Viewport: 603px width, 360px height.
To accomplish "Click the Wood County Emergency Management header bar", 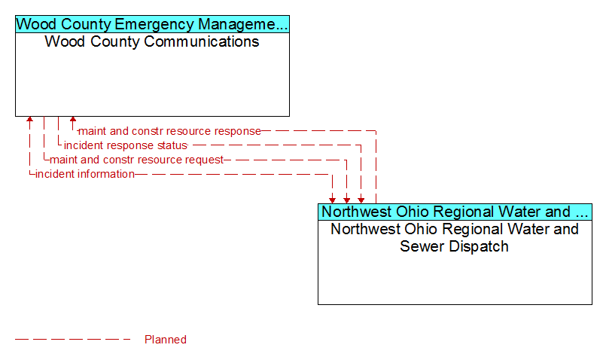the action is click(152, 24).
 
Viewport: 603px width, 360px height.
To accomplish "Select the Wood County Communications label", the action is click(152, 41).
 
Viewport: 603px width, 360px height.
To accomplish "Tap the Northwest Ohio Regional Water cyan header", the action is click(455, 212).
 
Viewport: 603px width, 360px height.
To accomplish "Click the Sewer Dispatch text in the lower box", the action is click(454, 246).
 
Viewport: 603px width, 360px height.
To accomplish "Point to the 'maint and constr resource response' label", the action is click(169, 131).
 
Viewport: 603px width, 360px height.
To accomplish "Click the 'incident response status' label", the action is click(126, 145).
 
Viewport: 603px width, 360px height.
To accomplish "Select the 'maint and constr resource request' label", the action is click(136, 160).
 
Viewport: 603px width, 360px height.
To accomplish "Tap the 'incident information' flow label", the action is click(85, 174).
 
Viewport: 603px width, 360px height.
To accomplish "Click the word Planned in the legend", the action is click(166, 339).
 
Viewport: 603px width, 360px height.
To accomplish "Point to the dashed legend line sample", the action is click(73, 339).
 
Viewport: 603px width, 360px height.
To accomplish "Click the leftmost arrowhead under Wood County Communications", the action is click(29, 119).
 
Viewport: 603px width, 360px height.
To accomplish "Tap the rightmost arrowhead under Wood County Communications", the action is click(73, 119).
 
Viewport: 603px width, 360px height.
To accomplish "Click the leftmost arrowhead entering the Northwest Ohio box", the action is click(332, 200).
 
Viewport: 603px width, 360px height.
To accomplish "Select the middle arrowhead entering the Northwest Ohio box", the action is click(347, 200).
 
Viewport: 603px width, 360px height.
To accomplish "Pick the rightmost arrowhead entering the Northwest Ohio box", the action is click(361, 200).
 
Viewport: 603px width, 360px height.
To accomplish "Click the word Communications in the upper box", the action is click(202, 41).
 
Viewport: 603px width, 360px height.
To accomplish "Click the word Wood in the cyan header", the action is click(37, 24).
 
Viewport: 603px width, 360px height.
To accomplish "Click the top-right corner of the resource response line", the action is click(376, 131).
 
